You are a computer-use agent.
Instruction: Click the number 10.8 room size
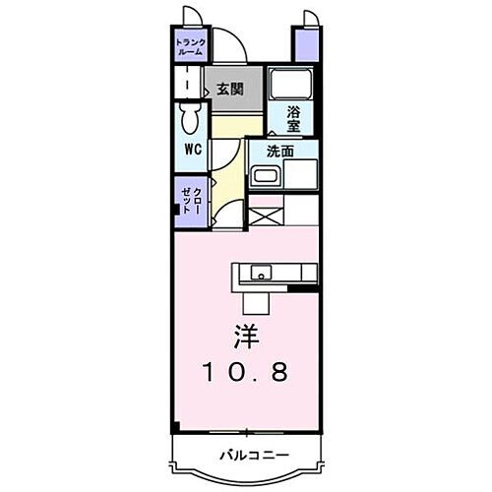pyautogui.click(x=248, y=373)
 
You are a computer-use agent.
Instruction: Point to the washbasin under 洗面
pyautogui.click(x=265, y=177)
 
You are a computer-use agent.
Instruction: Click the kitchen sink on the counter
pyautogui.click(x=261, y=273)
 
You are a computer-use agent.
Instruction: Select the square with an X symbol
pyautogui.click(x=264, y=209)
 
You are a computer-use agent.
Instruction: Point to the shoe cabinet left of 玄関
pyautogui.click(x=189, y=84)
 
